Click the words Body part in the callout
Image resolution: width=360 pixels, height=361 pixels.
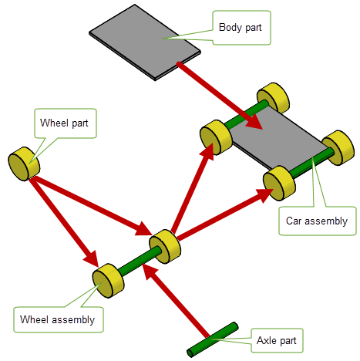point(240,28)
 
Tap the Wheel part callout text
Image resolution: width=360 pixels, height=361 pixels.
point(64,123)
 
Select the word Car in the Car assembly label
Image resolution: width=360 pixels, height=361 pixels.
point(294,221)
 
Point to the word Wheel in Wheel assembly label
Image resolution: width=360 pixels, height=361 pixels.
point(34,319)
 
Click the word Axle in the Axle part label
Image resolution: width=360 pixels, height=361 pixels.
point(267,340)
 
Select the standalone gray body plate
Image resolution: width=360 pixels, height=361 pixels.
point(145,42)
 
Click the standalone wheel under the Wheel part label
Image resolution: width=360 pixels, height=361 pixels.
point(24,164)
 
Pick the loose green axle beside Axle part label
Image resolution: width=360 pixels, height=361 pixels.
point(212,339)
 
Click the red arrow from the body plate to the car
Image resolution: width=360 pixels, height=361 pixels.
point(219,95)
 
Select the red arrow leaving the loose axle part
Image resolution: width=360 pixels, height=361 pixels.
point(175,300)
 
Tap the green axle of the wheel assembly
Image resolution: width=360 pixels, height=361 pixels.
point(139,260)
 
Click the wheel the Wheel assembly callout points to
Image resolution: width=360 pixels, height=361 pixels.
point(108,281)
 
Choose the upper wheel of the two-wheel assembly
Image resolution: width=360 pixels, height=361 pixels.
point(165,246)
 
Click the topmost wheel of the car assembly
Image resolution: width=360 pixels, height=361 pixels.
point(273,98)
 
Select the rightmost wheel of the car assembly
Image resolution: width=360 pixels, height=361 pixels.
point(338,147)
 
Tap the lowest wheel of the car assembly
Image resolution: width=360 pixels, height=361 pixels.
point(279,183)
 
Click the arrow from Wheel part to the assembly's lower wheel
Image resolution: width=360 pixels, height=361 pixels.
point(64,222)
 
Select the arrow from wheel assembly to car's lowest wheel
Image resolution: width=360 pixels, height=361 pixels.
point(226,214)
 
